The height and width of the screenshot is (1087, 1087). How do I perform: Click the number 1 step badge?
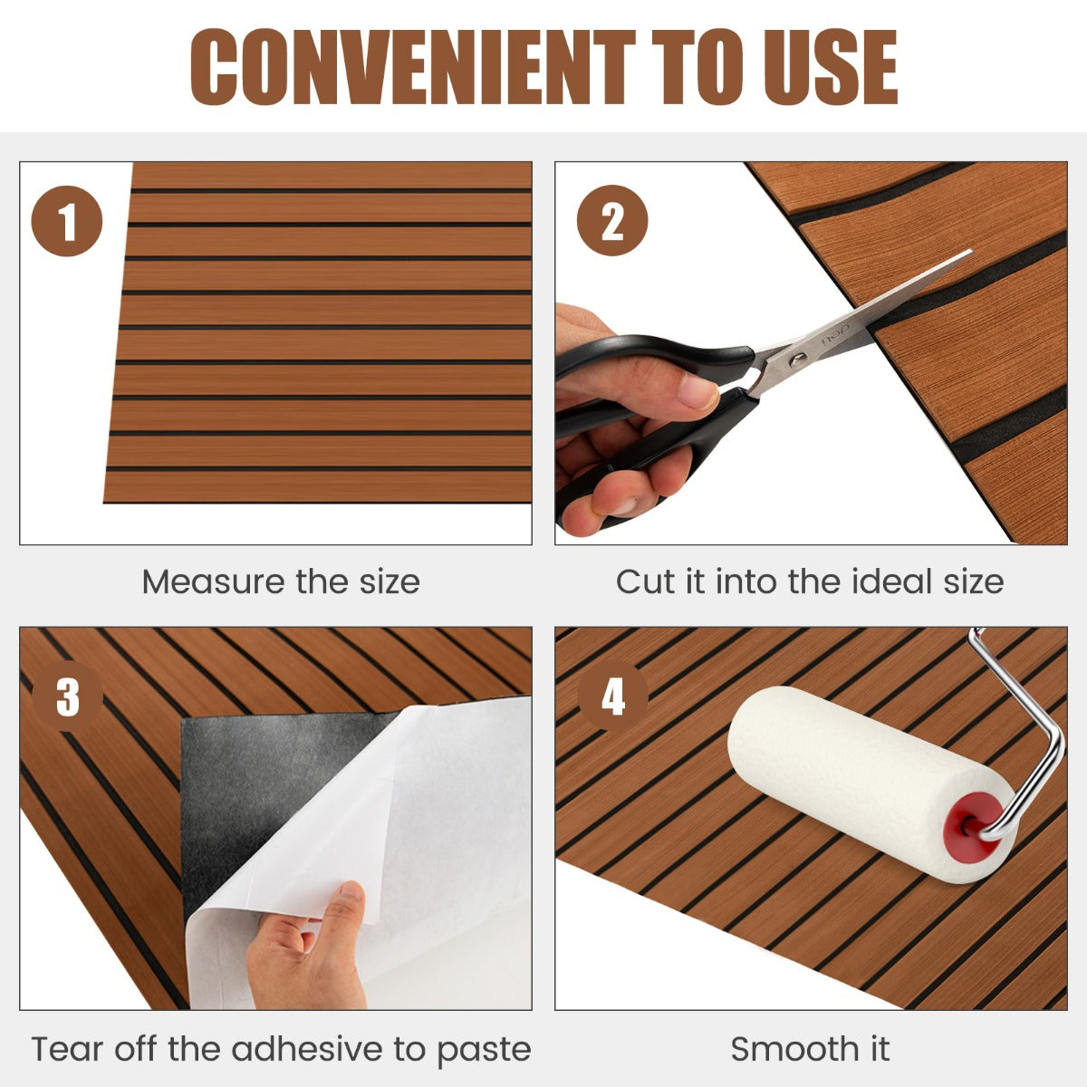[x=67, y=221]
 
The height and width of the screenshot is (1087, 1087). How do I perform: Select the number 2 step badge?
[x=612, y=221]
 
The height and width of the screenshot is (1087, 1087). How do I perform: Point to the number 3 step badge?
[x=67, y=697]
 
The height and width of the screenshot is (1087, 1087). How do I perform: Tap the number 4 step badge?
[x=613, y=697]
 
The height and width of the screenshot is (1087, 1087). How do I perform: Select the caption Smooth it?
[x=810, y=1049]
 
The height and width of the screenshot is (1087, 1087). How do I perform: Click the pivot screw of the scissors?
[x=797, y=360]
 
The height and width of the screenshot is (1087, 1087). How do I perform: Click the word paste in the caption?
[x=485, y=1051]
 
